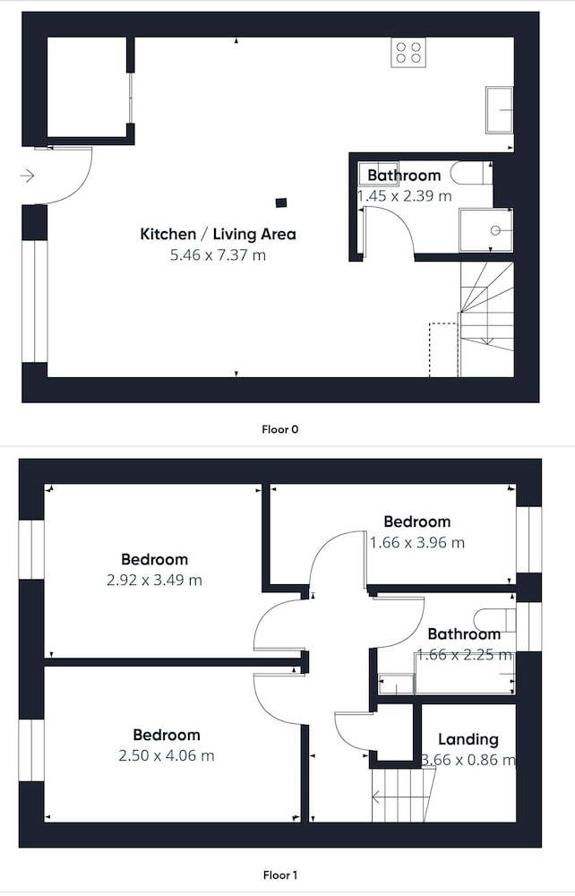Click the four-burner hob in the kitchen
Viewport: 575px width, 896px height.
pos(408,52)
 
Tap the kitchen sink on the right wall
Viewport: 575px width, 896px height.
pos(499,109)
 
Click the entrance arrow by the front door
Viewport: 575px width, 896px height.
pos(27,176)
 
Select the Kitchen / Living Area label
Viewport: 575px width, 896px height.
pos(219,234)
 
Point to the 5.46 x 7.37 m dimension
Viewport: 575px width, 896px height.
pos(219,254)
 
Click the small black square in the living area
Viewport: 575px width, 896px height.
pos(281,202)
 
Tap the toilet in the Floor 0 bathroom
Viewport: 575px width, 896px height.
pos(470,173)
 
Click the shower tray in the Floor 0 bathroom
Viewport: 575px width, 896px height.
pos(486,229)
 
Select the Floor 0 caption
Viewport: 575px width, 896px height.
pos(279,429)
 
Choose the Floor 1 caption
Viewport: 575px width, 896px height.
pos(279,874)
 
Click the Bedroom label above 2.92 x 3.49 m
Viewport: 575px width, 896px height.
pos(154,559)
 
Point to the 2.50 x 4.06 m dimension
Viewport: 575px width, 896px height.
pos(167,755)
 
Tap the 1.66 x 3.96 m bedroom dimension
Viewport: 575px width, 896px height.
pos(417,542)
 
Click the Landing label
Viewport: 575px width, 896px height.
pos(468,739)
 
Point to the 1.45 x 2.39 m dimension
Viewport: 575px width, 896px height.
pos(404,196)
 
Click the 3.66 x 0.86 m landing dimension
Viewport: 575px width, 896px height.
pos(468,760)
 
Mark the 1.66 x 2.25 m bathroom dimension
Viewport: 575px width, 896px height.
pos(465,655)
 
